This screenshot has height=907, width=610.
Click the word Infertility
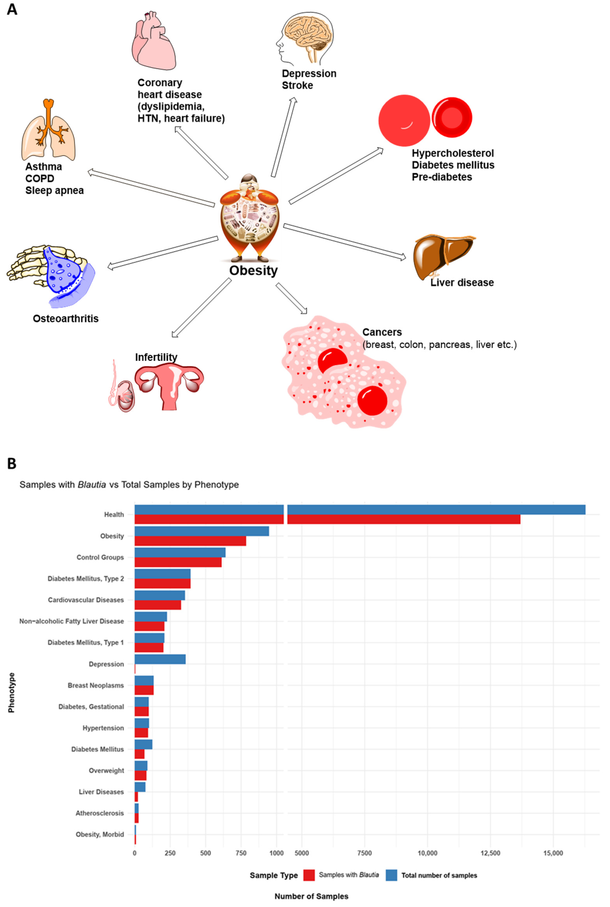tap(156, 357)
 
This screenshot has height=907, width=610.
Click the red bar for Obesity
tap(190, 541)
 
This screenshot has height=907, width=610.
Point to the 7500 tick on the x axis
tap(365, 853)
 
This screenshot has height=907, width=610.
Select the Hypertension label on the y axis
tap(103, 728)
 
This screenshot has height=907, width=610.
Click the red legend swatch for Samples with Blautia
tap(309, 875)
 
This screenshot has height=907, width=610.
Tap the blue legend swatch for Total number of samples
tap(391, 875)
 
